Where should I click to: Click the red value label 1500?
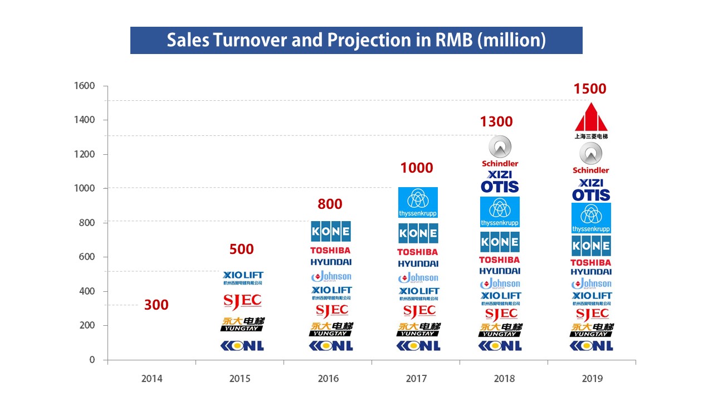(590, 89)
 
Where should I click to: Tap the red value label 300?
(156, 305)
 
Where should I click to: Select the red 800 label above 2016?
(330, 204)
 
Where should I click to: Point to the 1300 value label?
(496, 122)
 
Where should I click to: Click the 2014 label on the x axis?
(152, 379)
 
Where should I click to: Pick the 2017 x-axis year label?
(416, 379)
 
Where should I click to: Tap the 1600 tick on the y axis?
(84, 86)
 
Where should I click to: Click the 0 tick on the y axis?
(92, 360)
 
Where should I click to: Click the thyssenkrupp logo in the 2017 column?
(418, 202)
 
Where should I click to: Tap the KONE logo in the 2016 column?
(330, 231)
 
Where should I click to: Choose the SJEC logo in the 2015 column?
(242, 301)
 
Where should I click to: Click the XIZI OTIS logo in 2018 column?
(500, 182)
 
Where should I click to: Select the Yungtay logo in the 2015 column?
(242, 324)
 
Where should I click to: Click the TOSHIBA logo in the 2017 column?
(417, 252)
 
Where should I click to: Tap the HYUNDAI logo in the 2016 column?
(331, 262)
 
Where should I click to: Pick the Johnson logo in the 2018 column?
(500, 284)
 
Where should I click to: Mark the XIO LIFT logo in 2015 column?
(242, 277)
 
